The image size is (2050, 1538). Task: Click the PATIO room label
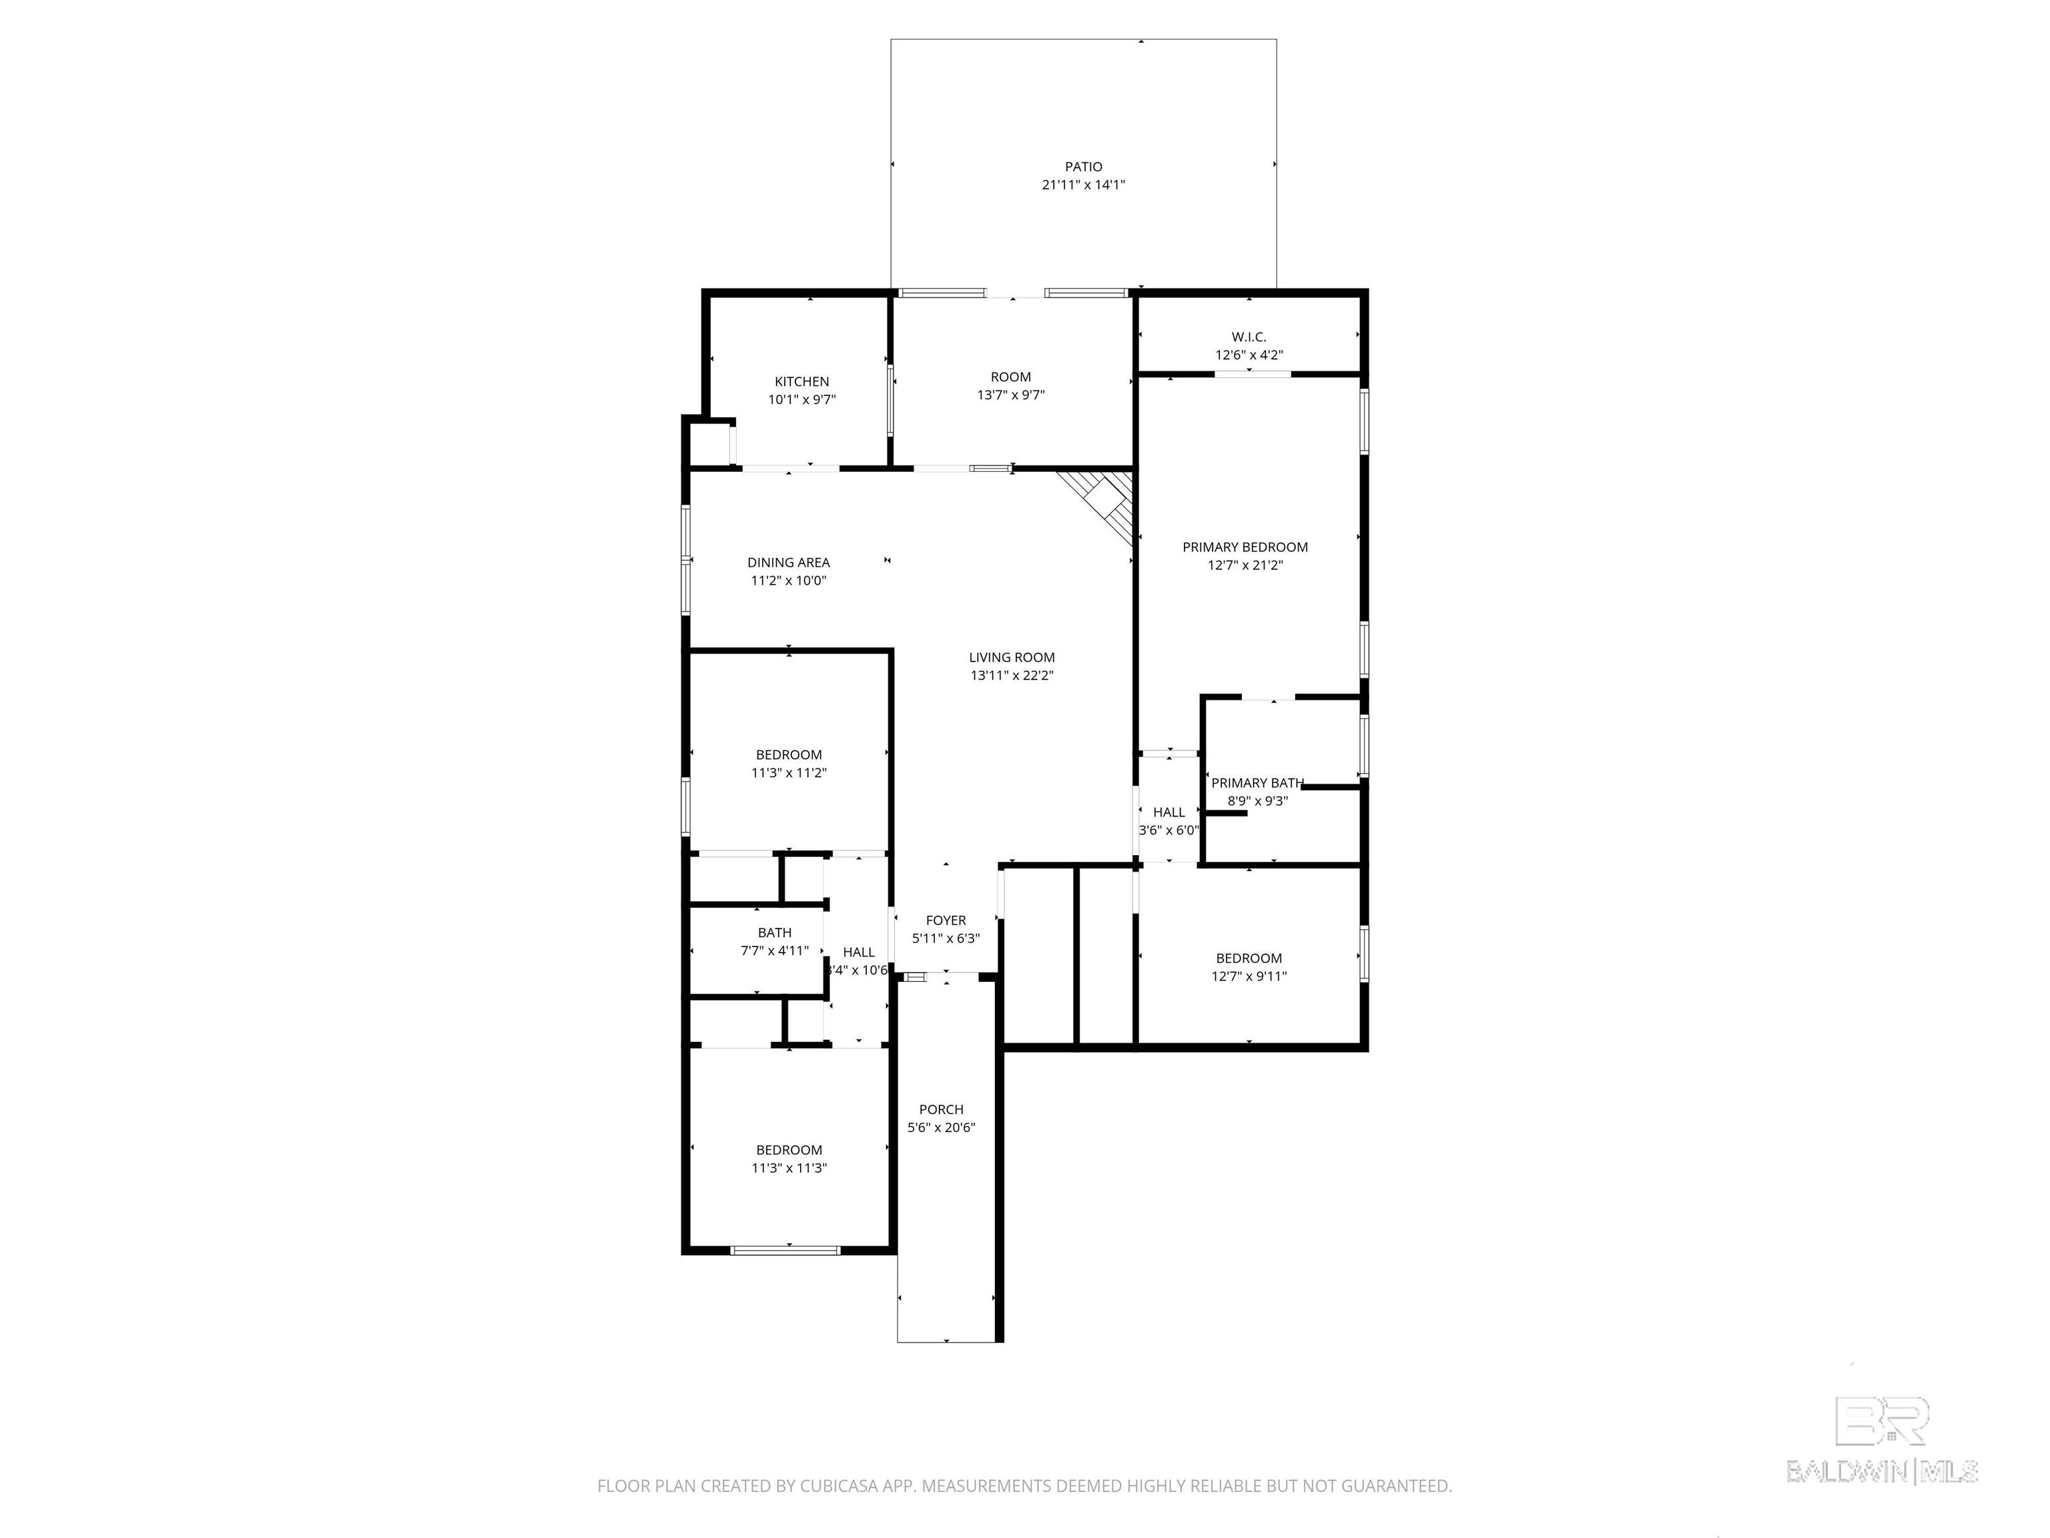[x=1083, y=167]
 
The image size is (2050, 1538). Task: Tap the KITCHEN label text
[x=801, y=382]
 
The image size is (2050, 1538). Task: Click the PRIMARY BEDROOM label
[x=1245, y=547]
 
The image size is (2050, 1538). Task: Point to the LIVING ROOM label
[x=1012, y=658]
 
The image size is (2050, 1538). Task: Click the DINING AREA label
[x=789, y=563]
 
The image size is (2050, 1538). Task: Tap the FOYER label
[x=946, y=921]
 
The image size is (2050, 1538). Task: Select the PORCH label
[x=941, y=1109]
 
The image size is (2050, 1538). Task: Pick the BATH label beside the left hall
[x=775, y=933]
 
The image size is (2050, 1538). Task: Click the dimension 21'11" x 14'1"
[x=1083, y=184]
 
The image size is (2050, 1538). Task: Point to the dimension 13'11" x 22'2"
[x=1012, y=676]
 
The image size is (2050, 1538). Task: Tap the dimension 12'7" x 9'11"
[x=1249, y=976]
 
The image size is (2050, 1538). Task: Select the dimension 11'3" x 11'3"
[x=789, y=1168]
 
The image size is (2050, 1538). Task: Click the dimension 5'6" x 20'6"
[x=941, y=1128]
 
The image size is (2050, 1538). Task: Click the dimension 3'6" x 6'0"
[x=1168, y=830]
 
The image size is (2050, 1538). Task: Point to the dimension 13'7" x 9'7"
[x=1010, y=395]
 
